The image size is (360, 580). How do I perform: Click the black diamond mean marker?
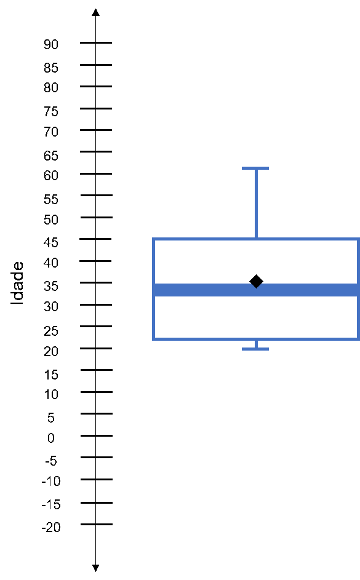[x=256, y=282]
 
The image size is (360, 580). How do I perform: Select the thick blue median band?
[x=256, y=290]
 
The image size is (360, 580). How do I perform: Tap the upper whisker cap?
[x=255, y=169]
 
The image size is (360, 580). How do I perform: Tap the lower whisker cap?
[x=255, y=349]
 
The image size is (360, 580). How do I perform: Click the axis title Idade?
[x=17, y=284]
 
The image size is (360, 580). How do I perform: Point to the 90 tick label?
[x=51, y=44]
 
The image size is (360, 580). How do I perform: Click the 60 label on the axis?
[x=51, y=175]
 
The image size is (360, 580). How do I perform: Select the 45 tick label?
[x=51, y=242]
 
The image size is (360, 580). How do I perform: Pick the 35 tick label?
[x=51, y=286]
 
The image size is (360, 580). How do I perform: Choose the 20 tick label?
[x=51, y=351]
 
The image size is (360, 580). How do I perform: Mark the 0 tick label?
[x=51, y=438]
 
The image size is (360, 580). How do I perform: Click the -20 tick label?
[x=51, y=527]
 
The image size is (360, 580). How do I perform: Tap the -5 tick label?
[x=51, y=461]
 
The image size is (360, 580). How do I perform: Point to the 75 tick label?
[x=51, y=111]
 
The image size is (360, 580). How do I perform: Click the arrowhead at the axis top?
[x=96, y=12]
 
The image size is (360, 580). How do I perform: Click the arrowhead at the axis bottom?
[x=96, y=568]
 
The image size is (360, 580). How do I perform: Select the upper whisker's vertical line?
[x=256, y=204]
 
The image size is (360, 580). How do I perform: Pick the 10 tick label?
[x=51, y=394]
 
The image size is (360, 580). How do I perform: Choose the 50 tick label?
[x=51, y=220]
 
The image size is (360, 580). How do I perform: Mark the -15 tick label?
[x=51, y=504]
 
